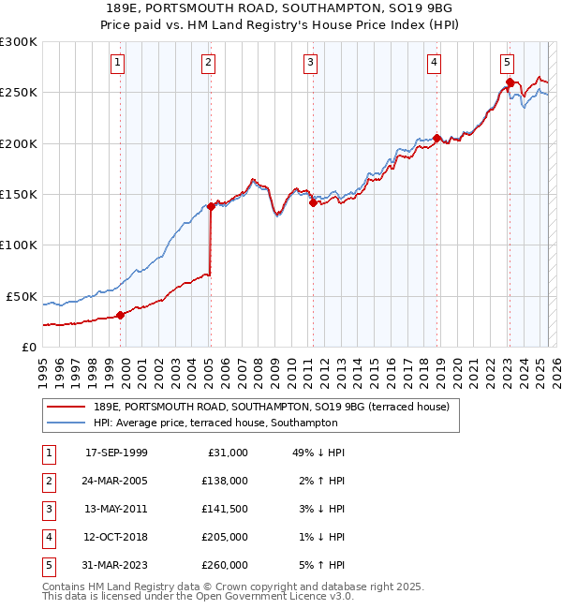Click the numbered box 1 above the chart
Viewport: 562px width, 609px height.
(118, 63)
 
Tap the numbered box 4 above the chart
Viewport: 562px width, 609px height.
(435, 63)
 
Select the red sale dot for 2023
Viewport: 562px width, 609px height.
(510, 82)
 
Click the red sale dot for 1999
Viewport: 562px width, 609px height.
(120, 315)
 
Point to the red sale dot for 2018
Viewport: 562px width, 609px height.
(436, 139)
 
